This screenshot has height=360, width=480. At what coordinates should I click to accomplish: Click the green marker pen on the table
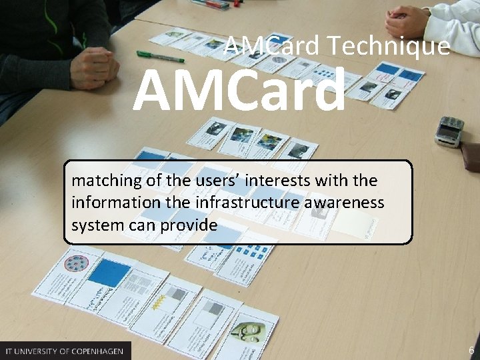coord(160,56)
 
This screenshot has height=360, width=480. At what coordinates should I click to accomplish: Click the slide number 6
coord(471,351)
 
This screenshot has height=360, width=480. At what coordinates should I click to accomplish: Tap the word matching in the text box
coord(103,181)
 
